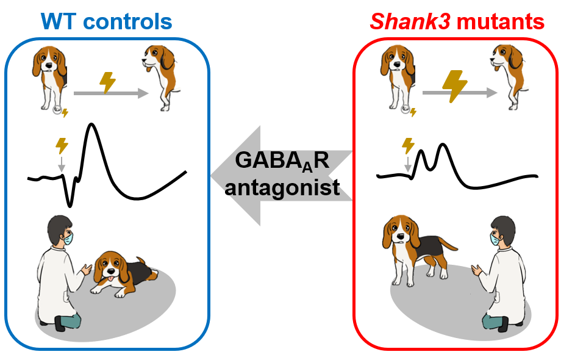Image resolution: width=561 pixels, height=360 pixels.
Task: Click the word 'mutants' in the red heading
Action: (501, 22)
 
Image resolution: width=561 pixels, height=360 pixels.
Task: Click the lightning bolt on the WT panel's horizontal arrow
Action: (107, 82)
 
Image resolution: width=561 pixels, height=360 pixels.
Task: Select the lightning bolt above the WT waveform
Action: (62, 145)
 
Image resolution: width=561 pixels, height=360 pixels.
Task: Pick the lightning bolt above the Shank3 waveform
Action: (408, 145)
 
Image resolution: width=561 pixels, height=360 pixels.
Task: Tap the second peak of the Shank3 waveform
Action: (442, 146)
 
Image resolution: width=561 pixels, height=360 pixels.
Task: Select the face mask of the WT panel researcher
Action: (67, 237)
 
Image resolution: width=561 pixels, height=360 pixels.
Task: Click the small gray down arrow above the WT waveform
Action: (61, 164)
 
